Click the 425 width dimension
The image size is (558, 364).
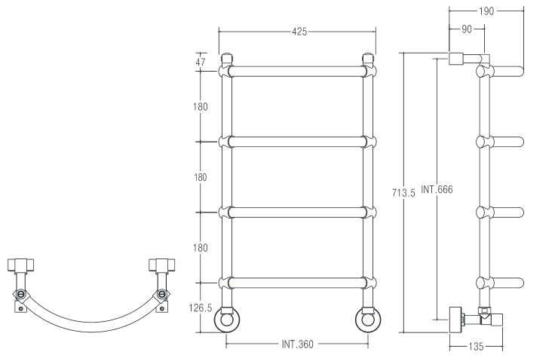(x=298, y=32)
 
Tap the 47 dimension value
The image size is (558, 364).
(x=200, y=63)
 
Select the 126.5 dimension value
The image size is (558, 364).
(x=200, y=307)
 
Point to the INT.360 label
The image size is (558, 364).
(x=291, y=344)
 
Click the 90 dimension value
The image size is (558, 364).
(x=466, y=29)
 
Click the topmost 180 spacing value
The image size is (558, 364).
(x=200, y=106)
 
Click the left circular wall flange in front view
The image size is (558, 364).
(x=226, y=321)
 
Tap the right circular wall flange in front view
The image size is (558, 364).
(x=367, y=321)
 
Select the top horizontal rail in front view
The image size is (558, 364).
(x=297, y=72)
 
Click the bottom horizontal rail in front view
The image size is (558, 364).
(x=297, y=283)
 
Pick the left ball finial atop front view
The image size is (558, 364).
(x=227, y=57)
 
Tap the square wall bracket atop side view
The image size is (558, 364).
(x=458, y=59)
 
